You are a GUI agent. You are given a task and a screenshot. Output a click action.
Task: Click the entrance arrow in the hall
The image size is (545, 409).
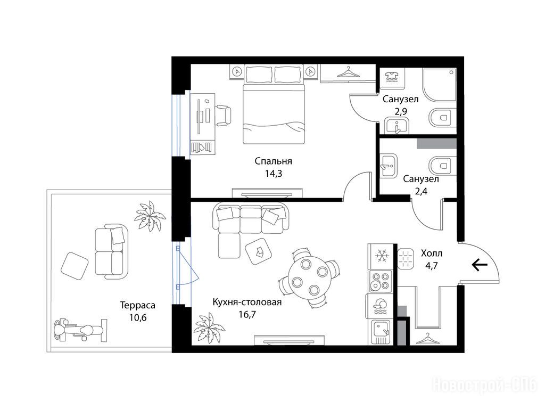[480, 265]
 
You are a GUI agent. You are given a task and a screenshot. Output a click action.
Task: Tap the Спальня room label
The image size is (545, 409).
[273, 161]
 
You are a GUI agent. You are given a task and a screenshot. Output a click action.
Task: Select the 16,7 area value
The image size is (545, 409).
[247, 314]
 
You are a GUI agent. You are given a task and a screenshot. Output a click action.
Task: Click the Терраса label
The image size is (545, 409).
[138, 306]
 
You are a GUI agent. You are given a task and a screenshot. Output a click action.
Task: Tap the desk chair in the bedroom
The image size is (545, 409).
[223, 115]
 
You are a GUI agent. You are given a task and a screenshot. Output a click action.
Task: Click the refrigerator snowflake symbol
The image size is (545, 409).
[382, 256]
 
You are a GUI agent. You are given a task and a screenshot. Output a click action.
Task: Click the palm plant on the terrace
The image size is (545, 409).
[150, 216]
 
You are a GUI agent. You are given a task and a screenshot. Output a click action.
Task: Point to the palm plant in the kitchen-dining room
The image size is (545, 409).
[209, 328]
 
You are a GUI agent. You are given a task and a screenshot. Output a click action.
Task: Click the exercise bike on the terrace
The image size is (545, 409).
[79, 329]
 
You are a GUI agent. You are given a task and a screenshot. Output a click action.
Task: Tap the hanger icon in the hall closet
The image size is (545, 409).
[427, 338]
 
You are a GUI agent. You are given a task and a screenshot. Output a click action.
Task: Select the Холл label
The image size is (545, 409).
[432, 253]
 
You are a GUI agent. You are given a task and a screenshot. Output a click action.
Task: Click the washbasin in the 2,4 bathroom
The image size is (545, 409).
[388, 166]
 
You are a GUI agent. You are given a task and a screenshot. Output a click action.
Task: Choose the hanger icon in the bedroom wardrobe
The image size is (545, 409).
[348, 72]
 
